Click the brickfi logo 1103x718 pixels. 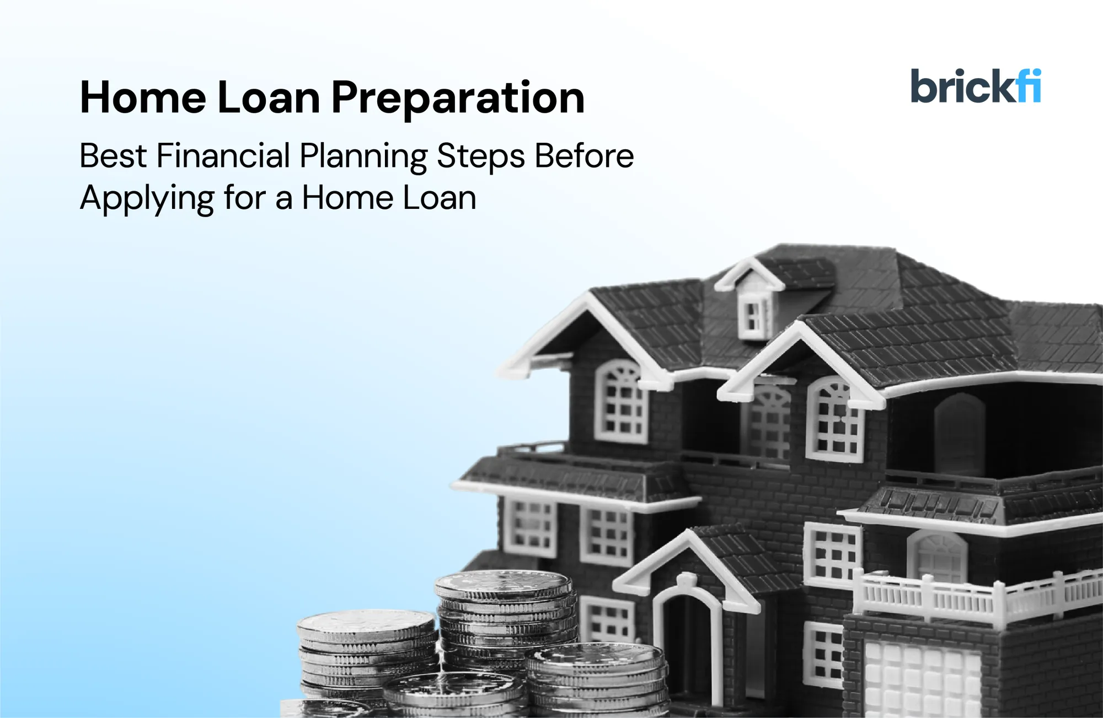(x=975, y=87)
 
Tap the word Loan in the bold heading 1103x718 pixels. (x=269, y=98)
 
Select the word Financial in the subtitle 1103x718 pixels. (x=223, y=156)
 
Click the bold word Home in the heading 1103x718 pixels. (x=143, y=98)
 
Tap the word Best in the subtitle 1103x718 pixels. (x=113, y=156)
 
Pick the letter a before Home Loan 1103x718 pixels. (x=283, y=198)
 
